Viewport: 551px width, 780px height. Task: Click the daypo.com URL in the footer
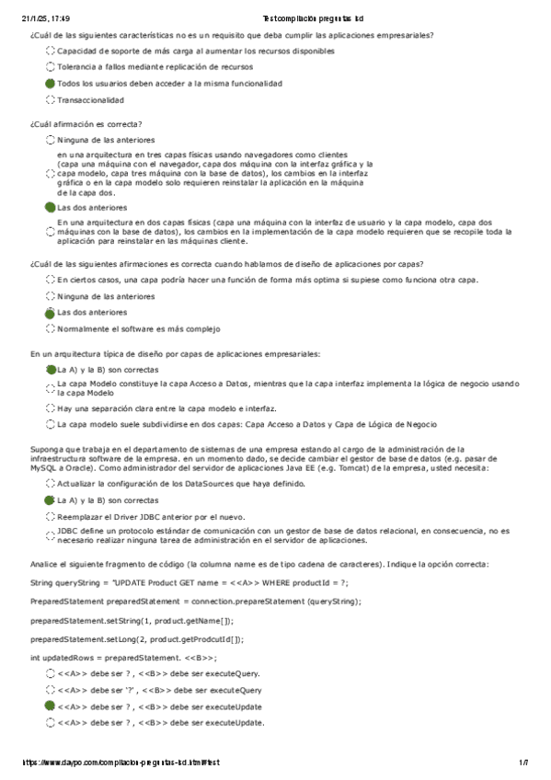pos(120,763)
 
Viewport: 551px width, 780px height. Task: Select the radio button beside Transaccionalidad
pos(50,100)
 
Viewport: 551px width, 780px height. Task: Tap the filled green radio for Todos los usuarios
pos(50,84)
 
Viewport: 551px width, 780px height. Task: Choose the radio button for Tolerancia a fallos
pos(50,67)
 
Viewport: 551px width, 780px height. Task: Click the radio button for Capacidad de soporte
pos(50,52)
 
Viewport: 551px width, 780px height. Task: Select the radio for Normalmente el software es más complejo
pos(50,328)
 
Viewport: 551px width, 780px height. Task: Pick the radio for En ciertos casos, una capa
pos(50,279)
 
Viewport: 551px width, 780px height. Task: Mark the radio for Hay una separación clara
pos(50,407)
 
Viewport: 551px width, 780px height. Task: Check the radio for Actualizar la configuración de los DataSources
pos(50,482)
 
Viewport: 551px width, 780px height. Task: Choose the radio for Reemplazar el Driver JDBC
pos(50,516)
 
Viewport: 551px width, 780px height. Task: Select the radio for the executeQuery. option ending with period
pos(50,673)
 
